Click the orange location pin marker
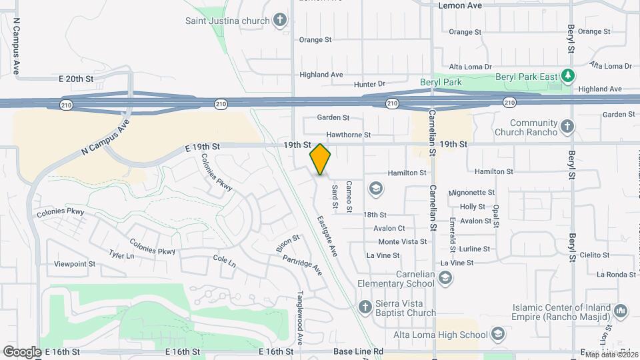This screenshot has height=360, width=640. click(320, 159)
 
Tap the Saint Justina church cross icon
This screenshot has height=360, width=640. click(280, 20)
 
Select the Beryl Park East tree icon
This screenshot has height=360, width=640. click(567, 76)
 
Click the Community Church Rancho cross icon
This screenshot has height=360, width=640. click(567, 127)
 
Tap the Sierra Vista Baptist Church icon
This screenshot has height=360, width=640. click(365, 307)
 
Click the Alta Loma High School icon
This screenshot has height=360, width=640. click(497, 334)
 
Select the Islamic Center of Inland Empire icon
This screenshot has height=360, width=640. click(621, 311)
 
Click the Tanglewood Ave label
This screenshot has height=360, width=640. click(301, 317)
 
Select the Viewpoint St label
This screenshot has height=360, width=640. click(75, 264)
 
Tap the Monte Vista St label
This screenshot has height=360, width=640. click(403, 241)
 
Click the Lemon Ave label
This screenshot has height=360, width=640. click(460, 5)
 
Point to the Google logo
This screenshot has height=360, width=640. click(22, 351)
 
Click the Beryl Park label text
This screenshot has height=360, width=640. click(441, 82)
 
